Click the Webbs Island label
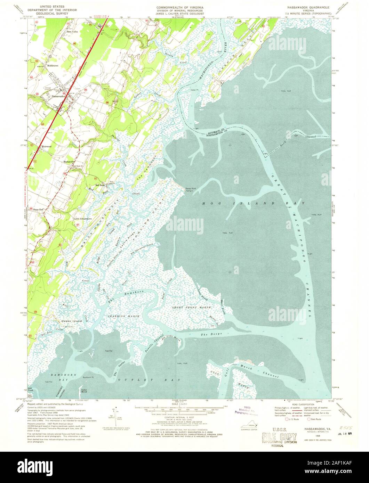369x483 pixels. point(71,321)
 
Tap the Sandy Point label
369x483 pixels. point(190,188)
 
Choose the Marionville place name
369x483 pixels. point(70,162)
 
